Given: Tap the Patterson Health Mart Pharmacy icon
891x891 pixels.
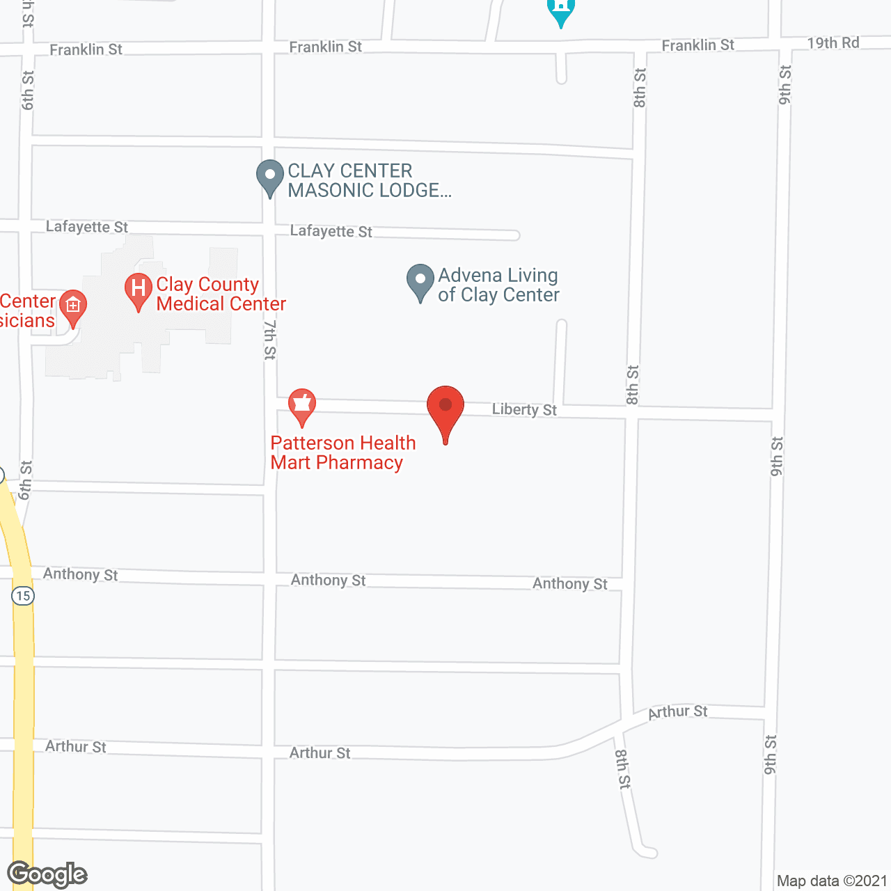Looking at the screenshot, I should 301,406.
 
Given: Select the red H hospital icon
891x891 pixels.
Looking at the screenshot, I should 138,290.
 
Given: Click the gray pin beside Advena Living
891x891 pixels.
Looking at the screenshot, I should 420,281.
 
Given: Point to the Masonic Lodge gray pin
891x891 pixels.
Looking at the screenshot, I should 270,177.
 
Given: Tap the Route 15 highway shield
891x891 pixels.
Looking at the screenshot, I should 23,595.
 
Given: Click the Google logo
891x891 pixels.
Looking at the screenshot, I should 47,874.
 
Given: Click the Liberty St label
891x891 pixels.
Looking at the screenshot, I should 524,409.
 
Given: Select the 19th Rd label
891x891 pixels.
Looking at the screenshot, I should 833,43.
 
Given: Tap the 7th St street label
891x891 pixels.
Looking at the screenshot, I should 270,339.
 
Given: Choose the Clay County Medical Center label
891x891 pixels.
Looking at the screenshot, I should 220,294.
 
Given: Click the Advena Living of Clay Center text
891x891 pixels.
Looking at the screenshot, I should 498,285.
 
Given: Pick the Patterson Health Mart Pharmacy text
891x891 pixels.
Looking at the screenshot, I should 342,452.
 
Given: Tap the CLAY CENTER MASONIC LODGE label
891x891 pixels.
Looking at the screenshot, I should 369,180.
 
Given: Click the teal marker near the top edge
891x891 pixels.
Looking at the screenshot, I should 560,10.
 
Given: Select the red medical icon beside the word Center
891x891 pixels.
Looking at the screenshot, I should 73,306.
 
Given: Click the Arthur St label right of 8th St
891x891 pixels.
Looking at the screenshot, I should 677,711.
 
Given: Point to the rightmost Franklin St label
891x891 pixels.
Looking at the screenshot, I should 697,45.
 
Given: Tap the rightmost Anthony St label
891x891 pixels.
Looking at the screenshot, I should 569,584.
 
